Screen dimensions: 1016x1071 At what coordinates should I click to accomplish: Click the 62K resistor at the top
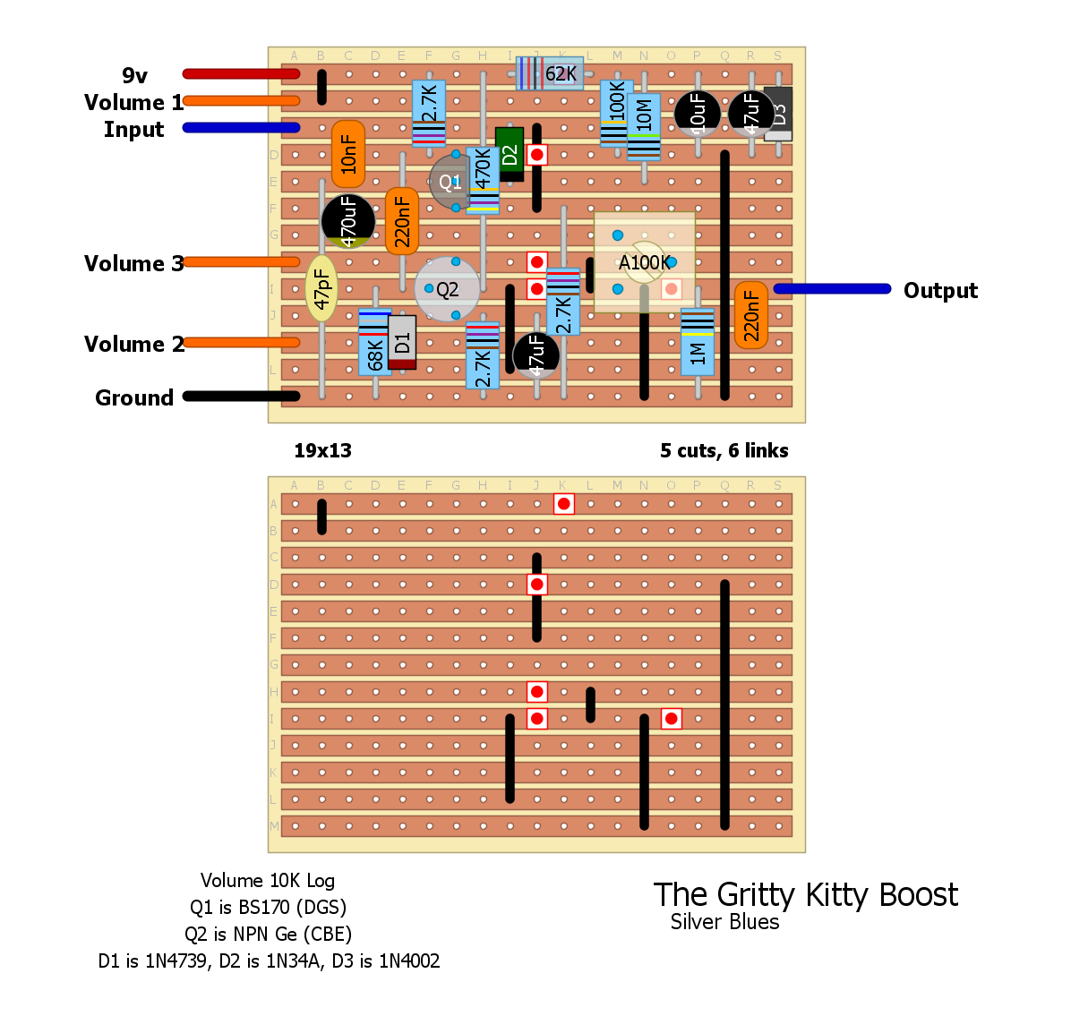[x=551, y=73]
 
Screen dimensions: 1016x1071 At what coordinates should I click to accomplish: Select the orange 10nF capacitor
[x=348, y=154]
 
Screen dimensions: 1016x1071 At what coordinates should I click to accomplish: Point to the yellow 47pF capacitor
[x=321, y=288]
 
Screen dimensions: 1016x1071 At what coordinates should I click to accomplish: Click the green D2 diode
[x=510, y=154]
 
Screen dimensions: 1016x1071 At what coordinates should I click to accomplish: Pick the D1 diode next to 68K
[x=402, y=341]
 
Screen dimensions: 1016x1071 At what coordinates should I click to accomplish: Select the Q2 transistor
[x=446, y=289]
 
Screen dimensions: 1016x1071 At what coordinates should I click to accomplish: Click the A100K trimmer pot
[x=644, y=262]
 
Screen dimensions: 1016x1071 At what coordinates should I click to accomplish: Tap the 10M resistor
[x=644, y=125]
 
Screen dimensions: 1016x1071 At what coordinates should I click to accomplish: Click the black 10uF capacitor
[x=698, y=114]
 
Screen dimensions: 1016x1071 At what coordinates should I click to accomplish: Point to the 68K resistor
[x=375, y=342]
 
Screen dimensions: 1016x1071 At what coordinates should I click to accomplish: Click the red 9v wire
[x=241, y=73]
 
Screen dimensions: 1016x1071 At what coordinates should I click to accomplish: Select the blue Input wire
[x=241, y=127]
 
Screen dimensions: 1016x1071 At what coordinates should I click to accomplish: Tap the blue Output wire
[x=832, y=288]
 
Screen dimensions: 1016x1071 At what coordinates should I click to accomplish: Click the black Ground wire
[x=241, y=396]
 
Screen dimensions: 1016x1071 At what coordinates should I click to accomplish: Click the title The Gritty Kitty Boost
[x=805, y=894]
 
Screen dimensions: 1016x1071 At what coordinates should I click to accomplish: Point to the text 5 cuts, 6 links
[x=724, y=450]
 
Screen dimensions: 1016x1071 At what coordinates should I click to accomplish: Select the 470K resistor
[x=483, y=181]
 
